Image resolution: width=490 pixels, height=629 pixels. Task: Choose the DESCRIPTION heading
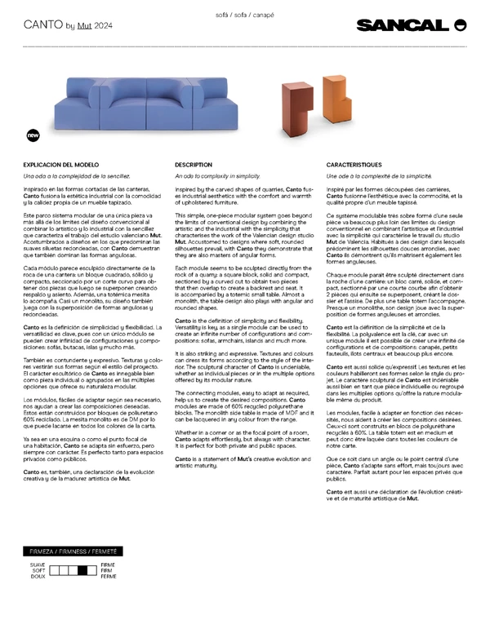pos(194,165)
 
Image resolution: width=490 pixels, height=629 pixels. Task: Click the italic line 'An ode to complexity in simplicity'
pos(217,175)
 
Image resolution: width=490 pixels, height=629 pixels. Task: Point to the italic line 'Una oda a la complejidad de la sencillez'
pos(76,175)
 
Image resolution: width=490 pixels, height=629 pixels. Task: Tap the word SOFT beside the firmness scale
pos(38,570)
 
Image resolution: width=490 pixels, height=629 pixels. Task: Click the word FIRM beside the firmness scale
pos(108,570)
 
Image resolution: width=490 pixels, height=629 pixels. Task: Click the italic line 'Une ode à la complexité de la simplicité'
pos(378,175)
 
